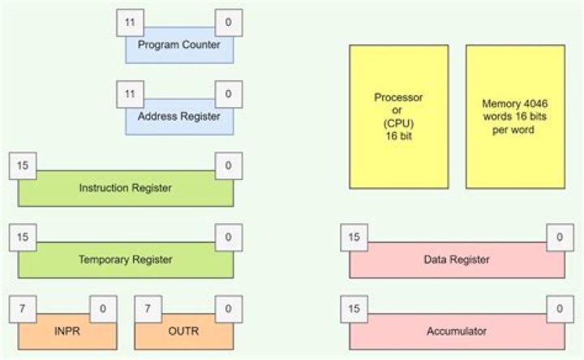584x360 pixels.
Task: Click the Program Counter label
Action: point(178,45)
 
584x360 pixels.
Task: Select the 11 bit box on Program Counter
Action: point(130,22)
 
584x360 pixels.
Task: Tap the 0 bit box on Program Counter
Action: point(228,22)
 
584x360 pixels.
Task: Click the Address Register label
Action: point(178,117)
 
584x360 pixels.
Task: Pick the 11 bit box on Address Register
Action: point(130,94)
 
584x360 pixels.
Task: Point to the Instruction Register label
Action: point(126,188)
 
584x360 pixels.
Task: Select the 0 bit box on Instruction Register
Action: point(228,165)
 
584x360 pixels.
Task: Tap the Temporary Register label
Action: point(126,260)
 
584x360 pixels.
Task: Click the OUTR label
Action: point(188,332)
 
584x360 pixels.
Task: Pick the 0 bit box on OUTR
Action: point(228,309)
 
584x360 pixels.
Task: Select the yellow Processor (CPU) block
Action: point(398,116)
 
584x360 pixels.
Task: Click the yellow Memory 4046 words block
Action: point(515,116)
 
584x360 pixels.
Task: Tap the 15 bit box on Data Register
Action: point(354,238)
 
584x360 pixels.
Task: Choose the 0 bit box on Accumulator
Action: point(560,309)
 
